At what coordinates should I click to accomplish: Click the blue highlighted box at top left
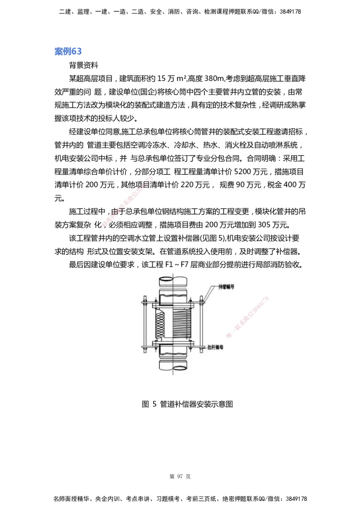coord(68,52)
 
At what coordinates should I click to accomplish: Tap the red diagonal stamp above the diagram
coord(128,202)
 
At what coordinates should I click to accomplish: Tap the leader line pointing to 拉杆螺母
coord(202,348)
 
